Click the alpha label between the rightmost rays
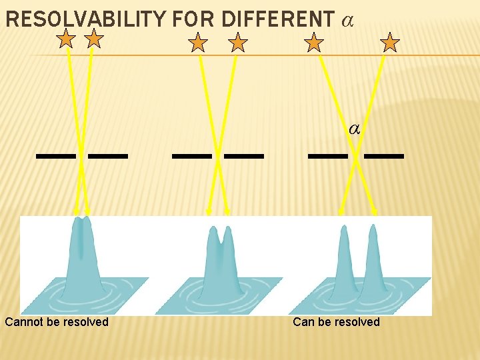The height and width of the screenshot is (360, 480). [355, 129]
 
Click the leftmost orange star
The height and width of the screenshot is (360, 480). [66, 39]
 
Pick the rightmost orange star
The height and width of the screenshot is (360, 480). [390, 43]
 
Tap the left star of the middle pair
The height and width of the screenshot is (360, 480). [198, 43]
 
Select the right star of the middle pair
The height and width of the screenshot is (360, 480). [237, 43]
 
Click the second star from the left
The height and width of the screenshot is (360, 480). [95, 39]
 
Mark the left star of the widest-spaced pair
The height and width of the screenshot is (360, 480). [313, 43]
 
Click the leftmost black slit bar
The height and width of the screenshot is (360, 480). [55, 156]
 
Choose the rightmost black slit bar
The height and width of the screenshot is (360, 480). [384, 156]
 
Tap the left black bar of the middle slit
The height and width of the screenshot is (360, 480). [191, 156]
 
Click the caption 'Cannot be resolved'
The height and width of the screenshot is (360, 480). [57, 322]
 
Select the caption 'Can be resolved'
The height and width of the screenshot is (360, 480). [336, 322]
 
